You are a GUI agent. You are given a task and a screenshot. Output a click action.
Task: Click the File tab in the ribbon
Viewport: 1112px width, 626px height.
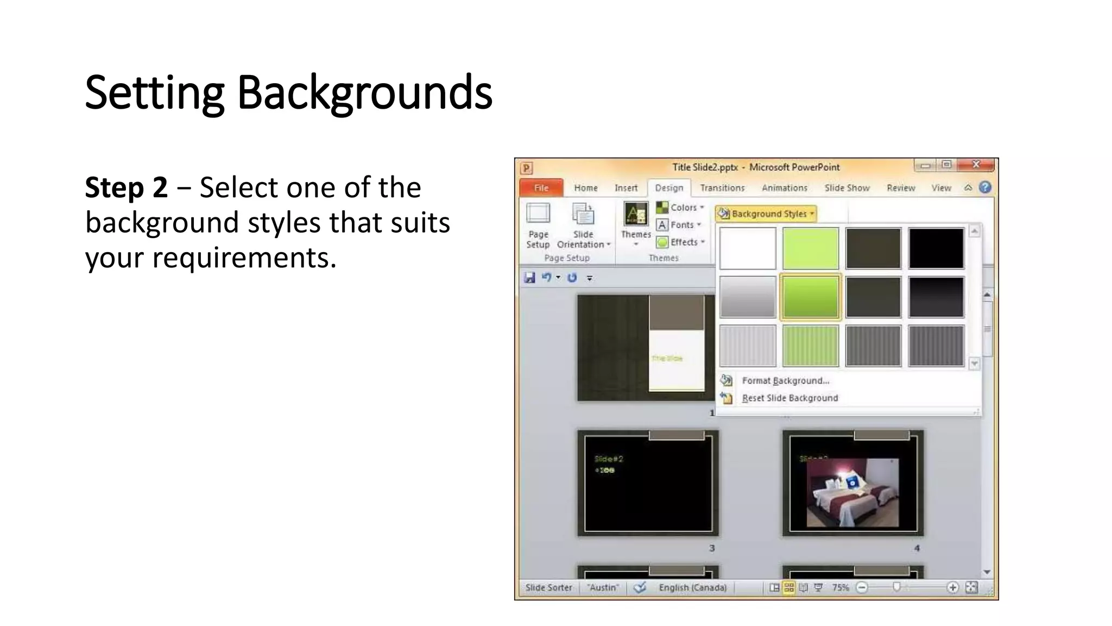coord(541,187)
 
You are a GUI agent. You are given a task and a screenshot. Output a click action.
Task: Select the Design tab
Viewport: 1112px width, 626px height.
coord(669,187)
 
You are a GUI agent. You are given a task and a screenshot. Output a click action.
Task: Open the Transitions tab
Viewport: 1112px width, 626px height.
coord(722,187)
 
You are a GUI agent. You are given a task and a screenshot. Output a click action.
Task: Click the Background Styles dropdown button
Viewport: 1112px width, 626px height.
coord(766,214)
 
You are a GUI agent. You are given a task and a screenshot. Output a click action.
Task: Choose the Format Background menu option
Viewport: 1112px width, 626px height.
coord(785,380)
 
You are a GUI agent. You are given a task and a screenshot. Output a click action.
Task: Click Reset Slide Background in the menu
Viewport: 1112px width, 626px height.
coord(789,398)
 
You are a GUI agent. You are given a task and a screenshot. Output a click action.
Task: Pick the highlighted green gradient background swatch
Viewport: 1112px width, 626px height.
coord(810,297)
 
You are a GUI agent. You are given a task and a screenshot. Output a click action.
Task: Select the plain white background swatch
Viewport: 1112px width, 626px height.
coord(748,248)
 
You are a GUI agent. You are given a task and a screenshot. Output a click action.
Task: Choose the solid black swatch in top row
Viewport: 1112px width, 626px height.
coord(936,248)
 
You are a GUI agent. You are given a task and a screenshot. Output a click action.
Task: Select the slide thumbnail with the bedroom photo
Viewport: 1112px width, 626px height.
coord(852,483)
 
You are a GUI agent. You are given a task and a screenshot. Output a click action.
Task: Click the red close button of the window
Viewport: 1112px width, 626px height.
coord(976,165)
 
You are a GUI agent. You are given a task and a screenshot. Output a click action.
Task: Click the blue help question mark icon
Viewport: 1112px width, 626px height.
coord(985,187)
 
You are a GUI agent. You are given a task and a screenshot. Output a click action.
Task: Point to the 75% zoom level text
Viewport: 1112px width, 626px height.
coord(840,587)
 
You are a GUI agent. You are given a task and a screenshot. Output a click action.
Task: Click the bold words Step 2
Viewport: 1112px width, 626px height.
coord(126,187)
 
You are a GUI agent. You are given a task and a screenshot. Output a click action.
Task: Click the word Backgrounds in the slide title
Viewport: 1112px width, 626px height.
coord(364,92)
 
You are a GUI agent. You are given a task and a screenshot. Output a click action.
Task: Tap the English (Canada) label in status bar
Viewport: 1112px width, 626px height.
coord(692,587)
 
